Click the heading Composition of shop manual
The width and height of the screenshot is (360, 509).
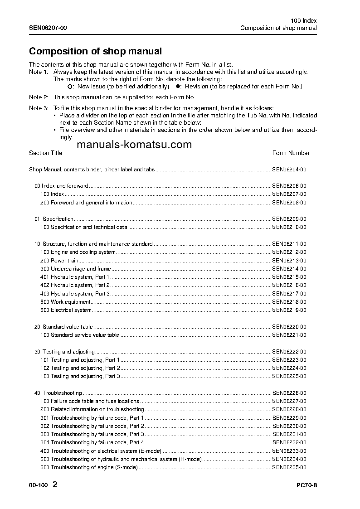95,51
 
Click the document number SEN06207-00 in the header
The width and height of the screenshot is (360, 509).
48,28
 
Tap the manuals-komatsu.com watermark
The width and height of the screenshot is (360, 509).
135,145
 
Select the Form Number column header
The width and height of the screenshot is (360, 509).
291,153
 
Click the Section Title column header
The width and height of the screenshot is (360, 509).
45,153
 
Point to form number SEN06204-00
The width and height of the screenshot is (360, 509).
289,170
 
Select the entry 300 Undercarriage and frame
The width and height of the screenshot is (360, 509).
75,269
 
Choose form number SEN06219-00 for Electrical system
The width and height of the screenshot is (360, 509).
289,310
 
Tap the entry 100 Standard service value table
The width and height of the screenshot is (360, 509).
80,335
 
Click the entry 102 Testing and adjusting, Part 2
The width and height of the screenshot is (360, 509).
80,368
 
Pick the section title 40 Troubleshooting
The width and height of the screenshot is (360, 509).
58,393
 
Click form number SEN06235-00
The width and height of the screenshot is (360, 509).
289,467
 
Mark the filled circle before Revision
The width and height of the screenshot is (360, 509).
178,86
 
